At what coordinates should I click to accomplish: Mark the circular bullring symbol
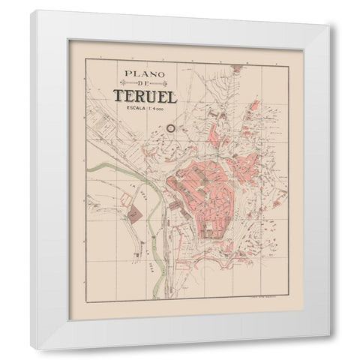point(170,128)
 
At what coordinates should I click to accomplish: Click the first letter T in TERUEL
point(118,97)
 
